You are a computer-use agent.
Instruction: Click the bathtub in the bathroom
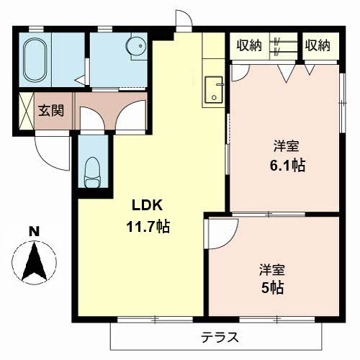(35, 60)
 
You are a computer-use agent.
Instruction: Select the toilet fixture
(92, 172)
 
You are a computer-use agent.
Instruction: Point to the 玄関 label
(51, 111)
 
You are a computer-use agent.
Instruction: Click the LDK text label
(147, 205)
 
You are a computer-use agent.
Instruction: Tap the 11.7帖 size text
(148, 226)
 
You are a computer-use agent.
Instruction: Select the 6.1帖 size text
(287, 166)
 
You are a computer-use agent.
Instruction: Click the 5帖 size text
(272, 288)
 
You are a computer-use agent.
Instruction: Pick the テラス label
(220, 337)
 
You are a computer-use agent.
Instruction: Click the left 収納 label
(249, 45)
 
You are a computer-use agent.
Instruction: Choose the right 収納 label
(318, 45)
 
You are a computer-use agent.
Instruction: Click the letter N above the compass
(35, 232)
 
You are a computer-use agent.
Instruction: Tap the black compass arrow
(35, 262)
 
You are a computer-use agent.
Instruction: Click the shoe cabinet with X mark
(27, 111)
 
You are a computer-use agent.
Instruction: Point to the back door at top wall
(184, 21)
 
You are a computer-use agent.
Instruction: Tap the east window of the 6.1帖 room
(343, 102)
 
